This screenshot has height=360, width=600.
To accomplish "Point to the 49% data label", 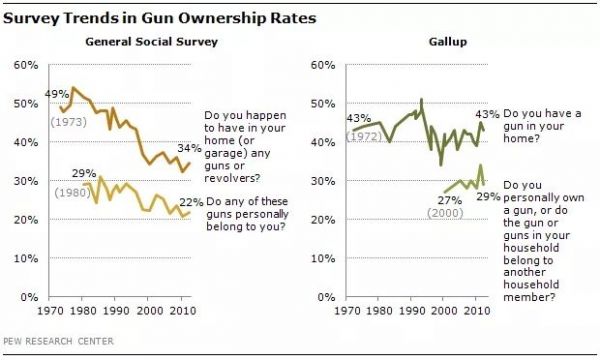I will point(55,93).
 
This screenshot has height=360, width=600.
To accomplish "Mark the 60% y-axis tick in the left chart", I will point(25,65).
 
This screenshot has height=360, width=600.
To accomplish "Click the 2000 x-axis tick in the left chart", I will point(150,312).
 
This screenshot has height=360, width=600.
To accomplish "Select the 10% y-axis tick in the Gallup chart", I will point(322,259).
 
